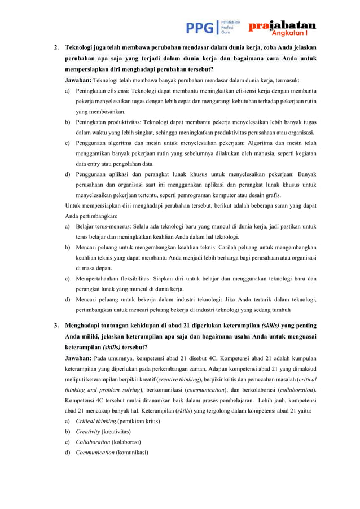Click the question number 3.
coord(56,326)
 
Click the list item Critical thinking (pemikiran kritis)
coord(117,422)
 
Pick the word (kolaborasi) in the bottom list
coord(124,442)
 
